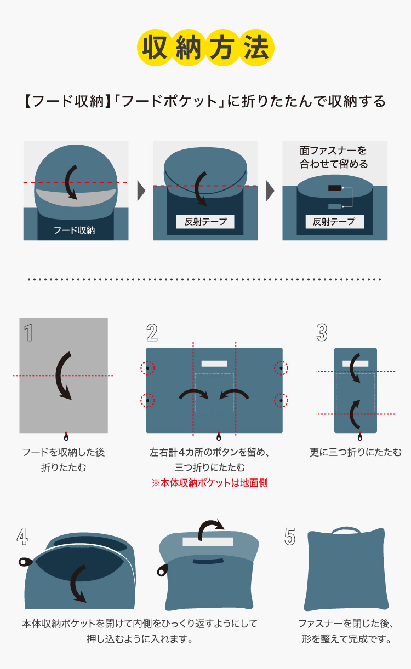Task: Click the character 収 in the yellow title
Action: [155, 48]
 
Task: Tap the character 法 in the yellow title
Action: [256, 48]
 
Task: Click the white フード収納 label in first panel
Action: [75, 230]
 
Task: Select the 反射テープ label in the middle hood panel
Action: [205, 222]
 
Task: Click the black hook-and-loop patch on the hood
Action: [334, 188]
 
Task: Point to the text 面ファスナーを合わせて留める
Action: [334, 157]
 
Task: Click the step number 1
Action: [28, 332]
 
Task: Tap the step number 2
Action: [152, 332]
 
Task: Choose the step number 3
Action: [322, 332]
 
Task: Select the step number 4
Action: [22, 537]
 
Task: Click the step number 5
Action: [290, 537]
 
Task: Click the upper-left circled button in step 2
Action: [147, 368]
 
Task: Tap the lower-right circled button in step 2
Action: [281, 400]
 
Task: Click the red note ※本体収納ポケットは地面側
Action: [209, 483]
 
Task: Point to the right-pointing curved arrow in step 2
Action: [193, 394]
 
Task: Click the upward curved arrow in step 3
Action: [353, 414]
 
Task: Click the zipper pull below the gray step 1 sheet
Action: [66, 437]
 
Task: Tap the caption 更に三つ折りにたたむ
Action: [356, 452]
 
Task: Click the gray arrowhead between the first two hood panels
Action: [141, 191]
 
